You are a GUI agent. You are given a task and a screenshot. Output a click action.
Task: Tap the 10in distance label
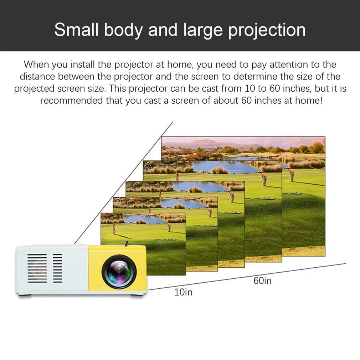[x=183, y=293]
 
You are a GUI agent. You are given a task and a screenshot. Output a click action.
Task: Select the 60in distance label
[x=262, y=281]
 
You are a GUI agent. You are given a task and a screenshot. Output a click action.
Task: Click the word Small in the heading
[x=76, y=30]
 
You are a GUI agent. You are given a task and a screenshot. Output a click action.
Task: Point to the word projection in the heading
[x=267, y=30]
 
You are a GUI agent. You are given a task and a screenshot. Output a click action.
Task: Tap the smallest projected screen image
[x=143, y=246]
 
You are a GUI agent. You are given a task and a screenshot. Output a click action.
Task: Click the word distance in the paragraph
[x=37, y=76]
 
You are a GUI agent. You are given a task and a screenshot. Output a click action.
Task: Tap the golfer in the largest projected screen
[x=291, y=175]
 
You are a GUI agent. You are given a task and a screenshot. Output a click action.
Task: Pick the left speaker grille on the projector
[x=37, y=268]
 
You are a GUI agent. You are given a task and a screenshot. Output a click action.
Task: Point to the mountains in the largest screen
[x=214, y=144]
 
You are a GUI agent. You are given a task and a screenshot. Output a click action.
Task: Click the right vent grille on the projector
[x=57, y=268]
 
